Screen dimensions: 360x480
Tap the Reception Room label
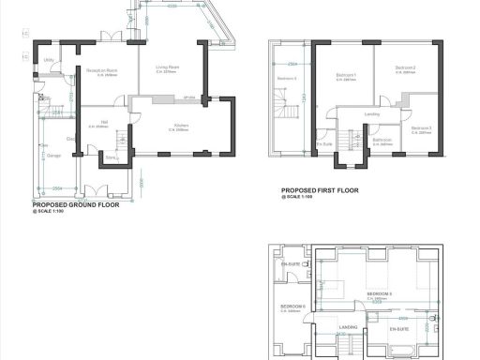pos(102,71)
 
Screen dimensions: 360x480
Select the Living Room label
pos(168,67)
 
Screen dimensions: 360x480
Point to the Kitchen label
pos(180,125)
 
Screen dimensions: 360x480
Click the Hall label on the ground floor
pos(104,122)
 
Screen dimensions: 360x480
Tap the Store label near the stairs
pos(111,157)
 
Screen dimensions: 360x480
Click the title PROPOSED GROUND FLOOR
pos(76,203)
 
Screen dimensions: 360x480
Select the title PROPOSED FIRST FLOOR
pos(320,190)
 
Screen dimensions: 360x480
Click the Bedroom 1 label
pos(348,74)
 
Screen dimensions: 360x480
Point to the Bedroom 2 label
pos(405,68)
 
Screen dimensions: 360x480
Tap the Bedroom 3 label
pos(420,128)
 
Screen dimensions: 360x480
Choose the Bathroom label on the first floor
pos(382,141)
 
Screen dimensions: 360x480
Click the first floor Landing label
pos(372,114)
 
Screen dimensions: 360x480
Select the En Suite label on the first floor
pos(325,143)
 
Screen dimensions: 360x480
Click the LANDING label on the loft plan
pos(348,326)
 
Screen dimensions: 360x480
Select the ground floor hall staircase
pos(120,142)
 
